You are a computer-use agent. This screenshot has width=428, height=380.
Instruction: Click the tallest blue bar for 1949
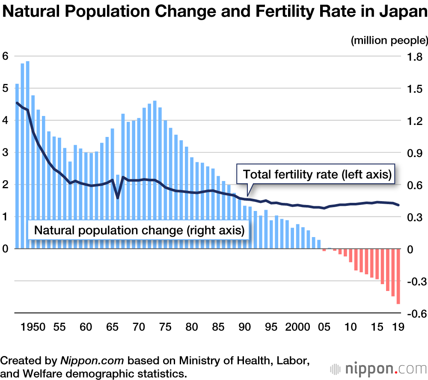[28, 154]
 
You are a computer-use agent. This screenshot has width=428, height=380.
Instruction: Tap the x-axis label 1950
[33, 327]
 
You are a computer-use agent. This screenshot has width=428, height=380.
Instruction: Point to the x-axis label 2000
[297, 327]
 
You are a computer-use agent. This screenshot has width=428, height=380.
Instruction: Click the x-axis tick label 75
[165, 327]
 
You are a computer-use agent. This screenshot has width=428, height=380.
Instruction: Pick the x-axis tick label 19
[398, 327]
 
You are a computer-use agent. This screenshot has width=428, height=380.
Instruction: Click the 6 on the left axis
[5, 56]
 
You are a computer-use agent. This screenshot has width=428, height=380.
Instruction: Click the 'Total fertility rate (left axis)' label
[317, 175]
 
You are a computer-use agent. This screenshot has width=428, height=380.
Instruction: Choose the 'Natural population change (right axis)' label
[139, 230]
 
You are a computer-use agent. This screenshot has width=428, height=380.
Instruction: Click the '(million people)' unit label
[389, 41]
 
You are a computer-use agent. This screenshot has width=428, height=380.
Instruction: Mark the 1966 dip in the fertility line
[118, 198]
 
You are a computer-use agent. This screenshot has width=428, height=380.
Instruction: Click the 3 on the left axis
[5, 153]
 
